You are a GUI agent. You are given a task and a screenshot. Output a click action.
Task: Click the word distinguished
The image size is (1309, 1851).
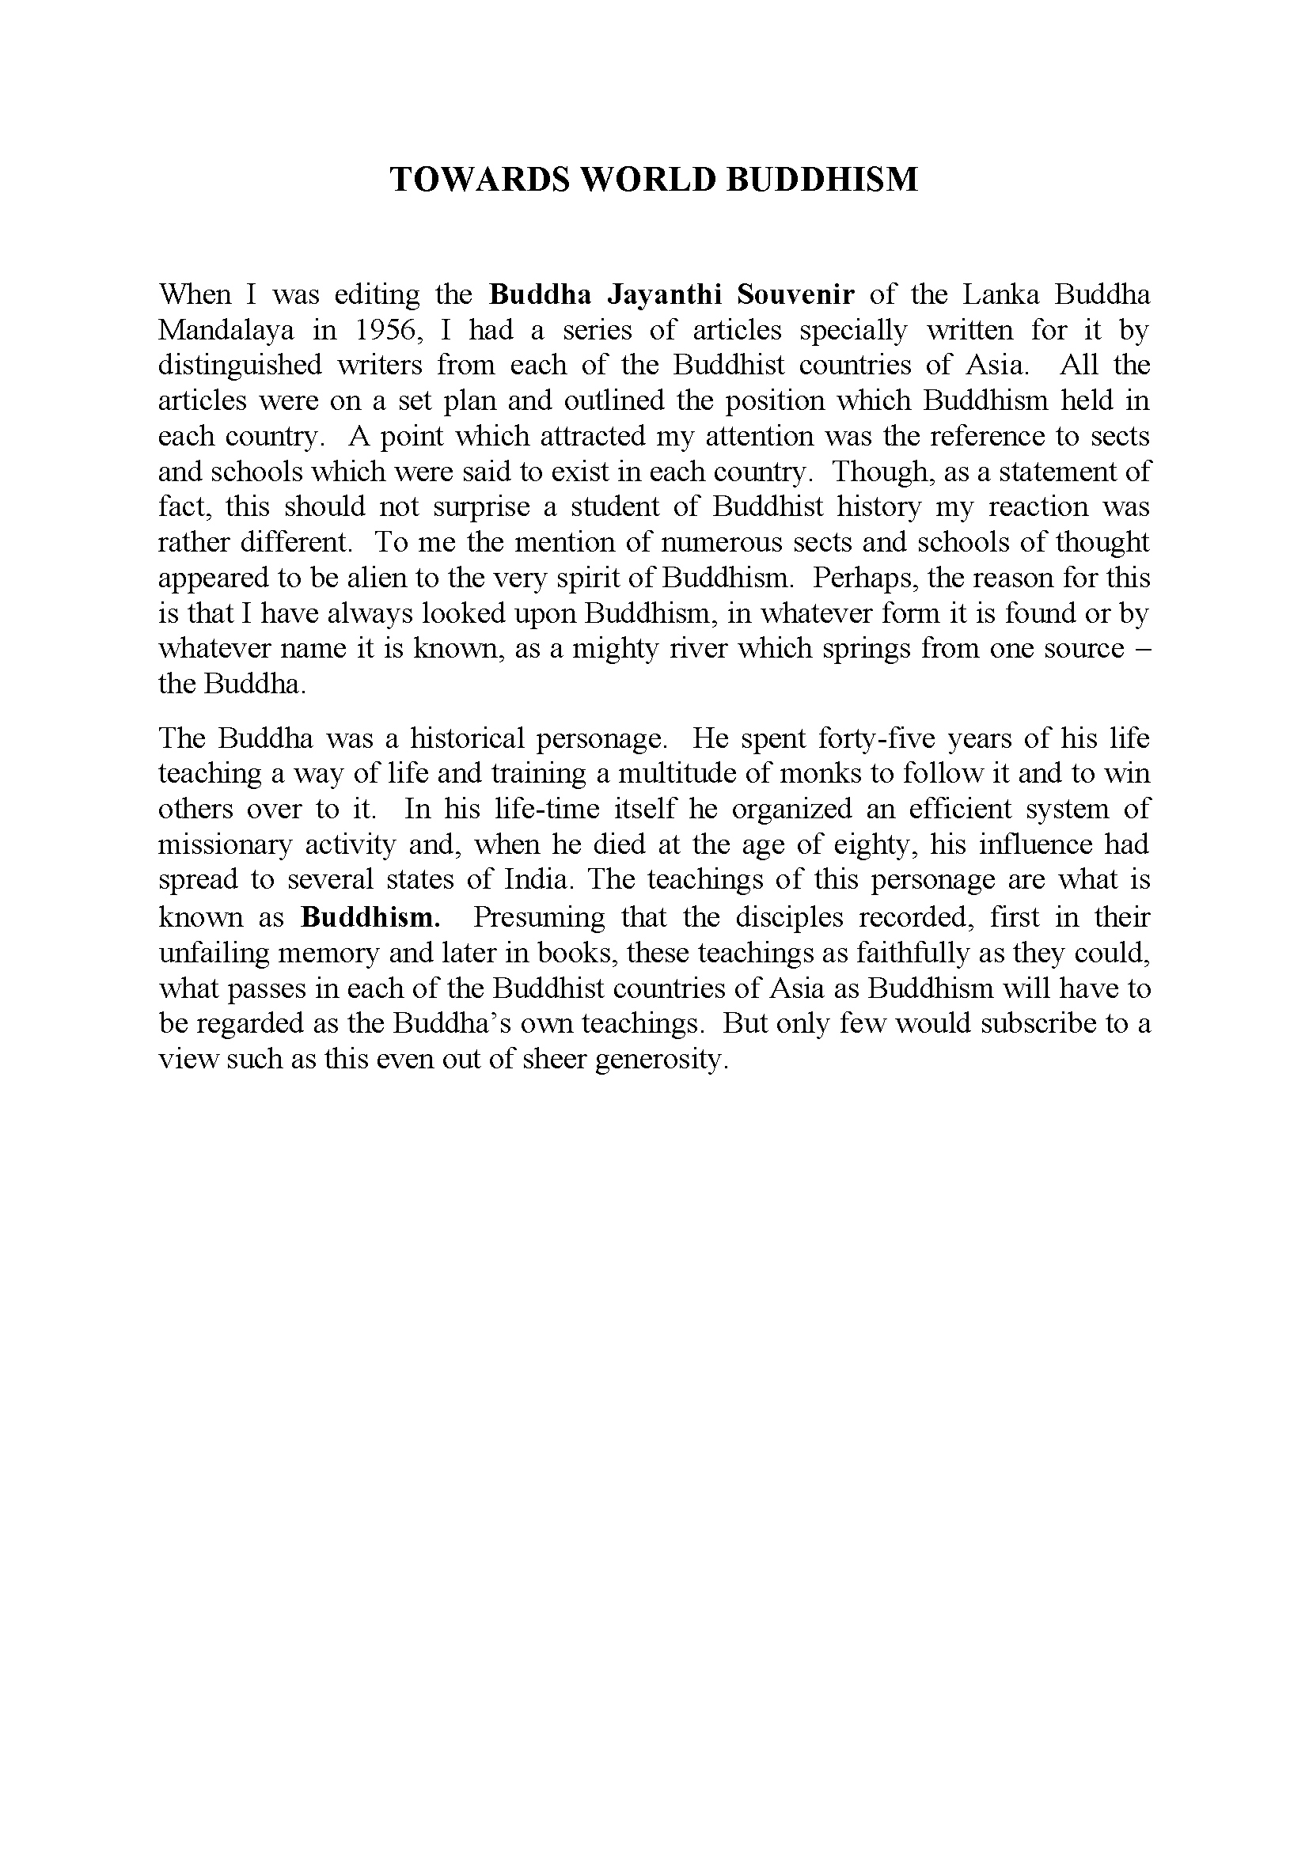click(x=238, y=366)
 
